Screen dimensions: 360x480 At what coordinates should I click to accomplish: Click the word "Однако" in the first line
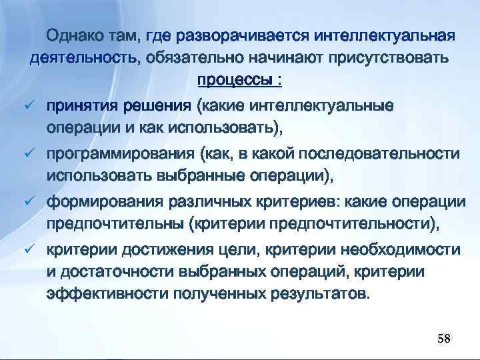pyautogui.click(x=75, y=35)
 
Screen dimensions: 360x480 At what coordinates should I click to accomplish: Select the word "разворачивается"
pyautogui.click(x=235, y=35)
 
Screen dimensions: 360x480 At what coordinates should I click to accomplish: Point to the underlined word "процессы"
pyautogui.click(x=233, y=81)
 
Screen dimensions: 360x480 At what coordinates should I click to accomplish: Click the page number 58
pyautogui.click(x=443, y=339)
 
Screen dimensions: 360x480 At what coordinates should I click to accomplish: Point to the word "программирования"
pyautogui.click(x=120, y=154)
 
